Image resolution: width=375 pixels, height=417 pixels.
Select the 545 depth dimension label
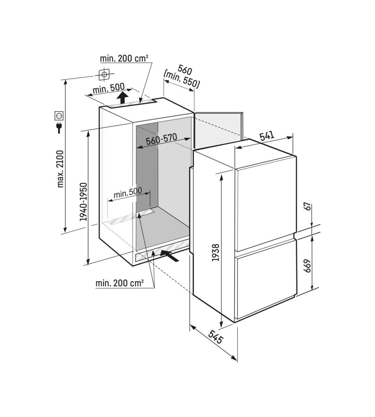click(x=215, y=337)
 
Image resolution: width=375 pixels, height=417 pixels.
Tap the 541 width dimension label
click(x=267, y=136)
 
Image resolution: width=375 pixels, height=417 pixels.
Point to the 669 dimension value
click(x=307, y=266)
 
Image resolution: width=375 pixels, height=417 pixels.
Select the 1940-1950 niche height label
click(x=84, y=202)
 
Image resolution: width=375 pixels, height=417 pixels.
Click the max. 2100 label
click(x=60, y=169)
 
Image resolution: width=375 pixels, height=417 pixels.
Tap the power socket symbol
click(x=59, y=116)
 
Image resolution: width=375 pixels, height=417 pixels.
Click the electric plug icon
click(x=59, y=127)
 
